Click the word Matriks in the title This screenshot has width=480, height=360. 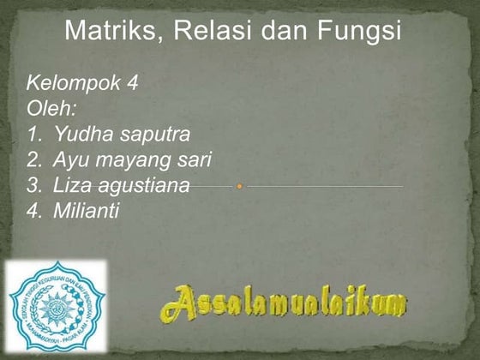108,32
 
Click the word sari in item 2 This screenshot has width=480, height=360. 193,159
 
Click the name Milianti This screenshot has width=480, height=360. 86,209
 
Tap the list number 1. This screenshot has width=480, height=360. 33,135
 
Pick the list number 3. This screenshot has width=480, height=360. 33,184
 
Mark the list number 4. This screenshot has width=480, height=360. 33,209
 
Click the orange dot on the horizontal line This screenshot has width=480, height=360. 240,185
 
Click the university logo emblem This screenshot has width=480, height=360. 56,305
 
